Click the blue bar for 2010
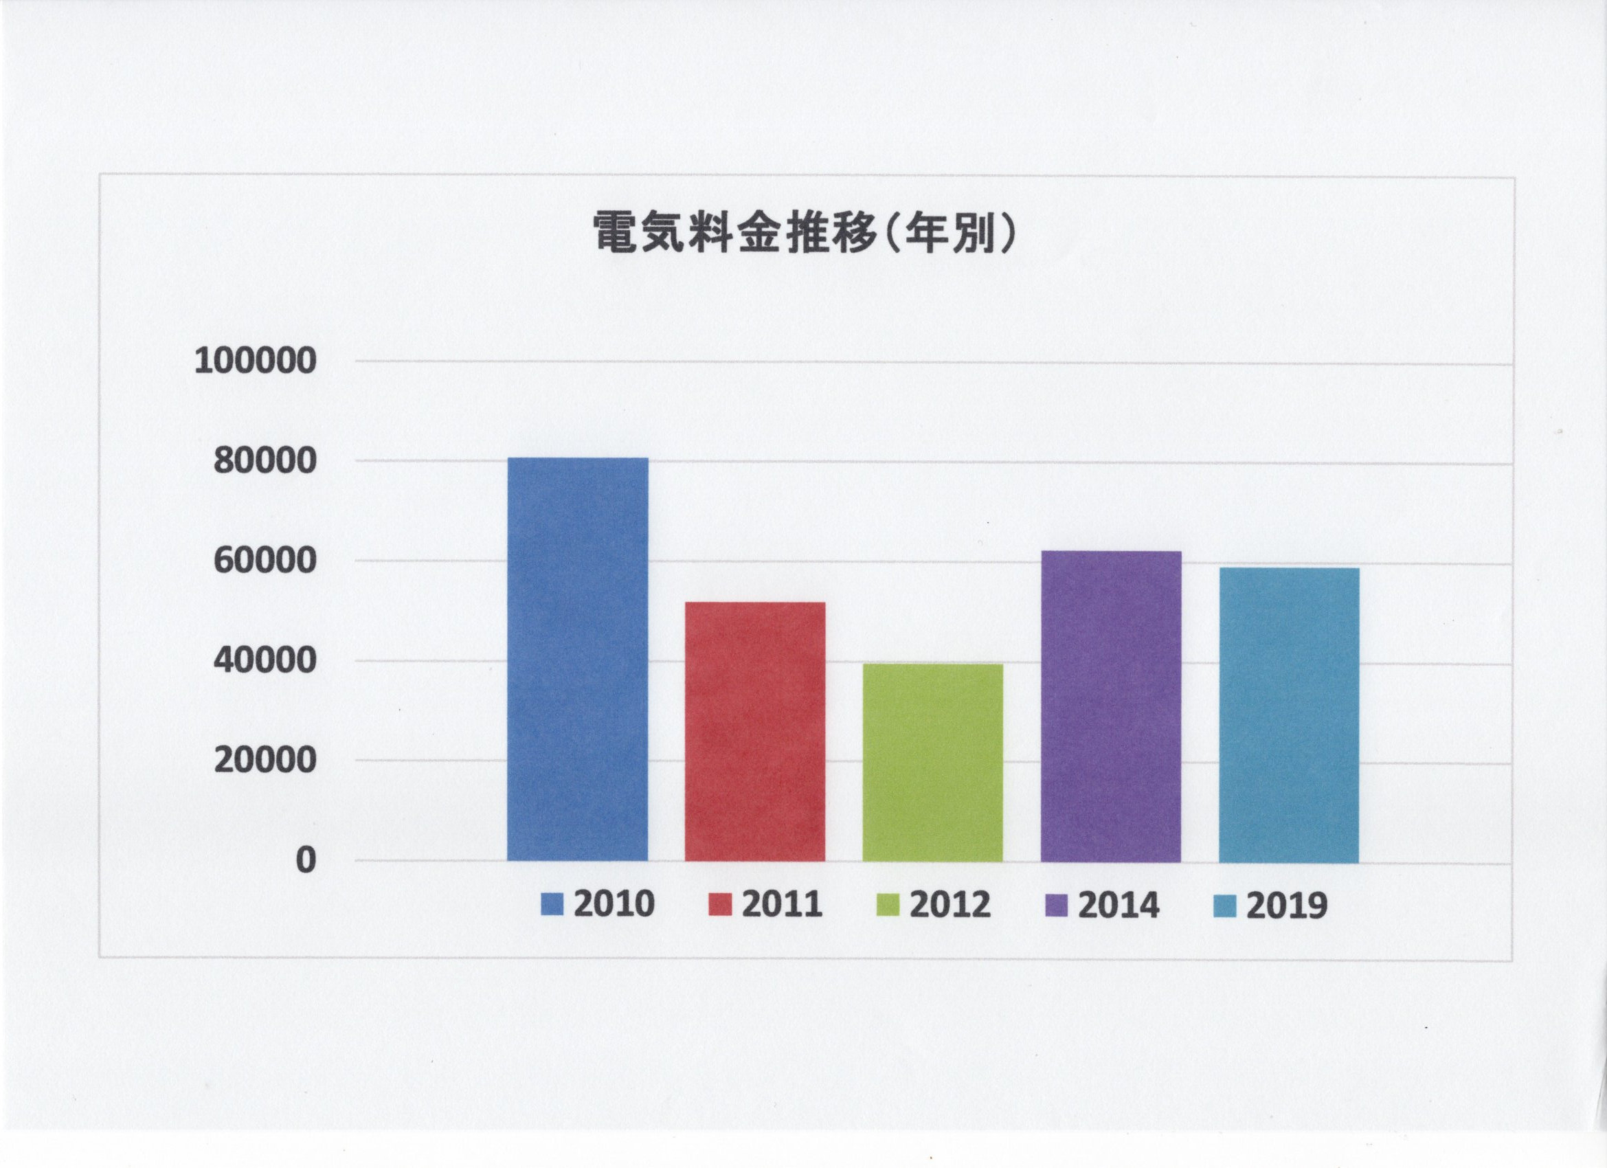pos(578,659)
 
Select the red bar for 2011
pos(754,732)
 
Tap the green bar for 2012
pos(932,763)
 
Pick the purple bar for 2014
pos(1110,706)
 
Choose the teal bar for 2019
pos(1288,715)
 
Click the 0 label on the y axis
pos(304,860)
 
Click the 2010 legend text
pos(614,905)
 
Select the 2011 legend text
pos(783,905)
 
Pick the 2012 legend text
pos(950,905)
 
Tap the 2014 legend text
pos(1119,906)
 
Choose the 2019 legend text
pos(1287,906)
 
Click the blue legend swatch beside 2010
pos(552,905)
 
